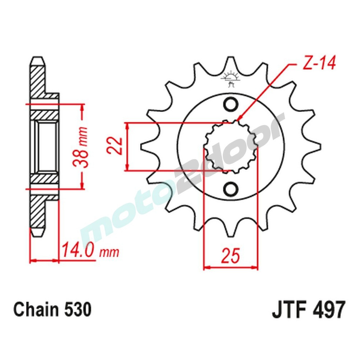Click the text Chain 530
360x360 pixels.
(x=53, y=310)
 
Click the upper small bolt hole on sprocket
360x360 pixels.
(x=230, y=105)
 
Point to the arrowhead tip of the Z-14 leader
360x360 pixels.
(x=238, y=120)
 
